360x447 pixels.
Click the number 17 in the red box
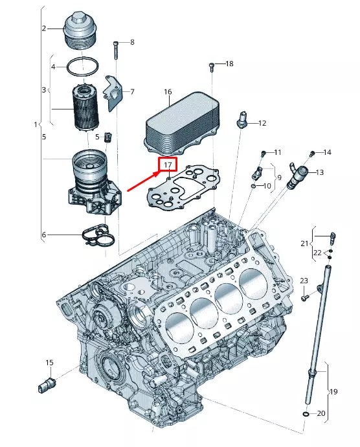[168, 166]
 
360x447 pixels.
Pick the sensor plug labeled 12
[243, 120]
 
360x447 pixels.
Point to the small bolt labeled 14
[312, 154]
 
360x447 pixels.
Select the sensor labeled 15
[45, 384]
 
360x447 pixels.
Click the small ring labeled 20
[305, 413]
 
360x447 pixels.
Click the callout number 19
[334, 391]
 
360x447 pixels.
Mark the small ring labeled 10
[253, 186]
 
